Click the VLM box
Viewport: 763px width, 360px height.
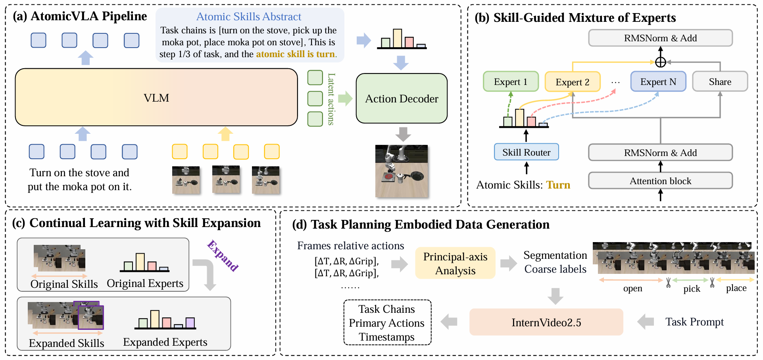156,98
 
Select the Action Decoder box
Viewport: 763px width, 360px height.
402,98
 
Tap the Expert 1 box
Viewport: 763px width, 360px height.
511,82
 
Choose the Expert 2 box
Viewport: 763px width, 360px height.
572,82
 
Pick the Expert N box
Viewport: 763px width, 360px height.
658,82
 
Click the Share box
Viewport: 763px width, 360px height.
720,82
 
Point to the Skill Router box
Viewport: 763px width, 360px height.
526,152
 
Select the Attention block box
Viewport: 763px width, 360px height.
660,181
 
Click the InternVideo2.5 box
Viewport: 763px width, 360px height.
546,322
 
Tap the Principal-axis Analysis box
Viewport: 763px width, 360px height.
455,264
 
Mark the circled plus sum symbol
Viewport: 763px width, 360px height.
660,62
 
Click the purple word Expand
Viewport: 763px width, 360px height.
223,256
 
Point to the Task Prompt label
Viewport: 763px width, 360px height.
694,322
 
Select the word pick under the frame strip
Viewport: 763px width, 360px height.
692,289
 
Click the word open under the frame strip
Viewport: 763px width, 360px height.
632,289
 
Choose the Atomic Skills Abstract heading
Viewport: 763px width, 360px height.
249,17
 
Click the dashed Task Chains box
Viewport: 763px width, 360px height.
387,323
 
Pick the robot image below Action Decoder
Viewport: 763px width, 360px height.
402,171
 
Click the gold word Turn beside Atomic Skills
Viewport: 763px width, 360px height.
558,185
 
